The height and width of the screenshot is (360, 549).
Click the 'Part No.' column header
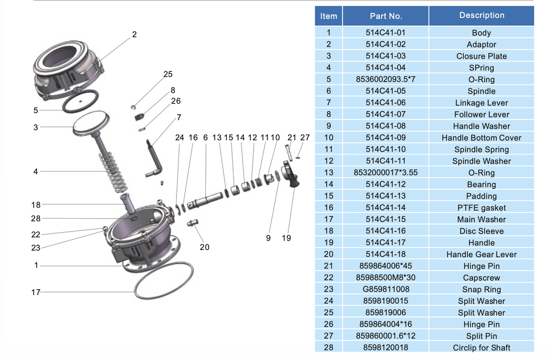tap(385, 16)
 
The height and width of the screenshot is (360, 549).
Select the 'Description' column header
tap(481, 15)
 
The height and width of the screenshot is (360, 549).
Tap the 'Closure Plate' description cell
tap(481, 56)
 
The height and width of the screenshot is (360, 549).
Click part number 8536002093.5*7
tap(385, 79)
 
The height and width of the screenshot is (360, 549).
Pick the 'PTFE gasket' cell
tap(481, 208)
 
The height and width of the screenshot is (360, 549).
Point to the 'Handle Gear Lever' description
tap(481, 254)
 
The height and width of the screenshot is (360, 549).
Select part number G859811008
tap(385, 289)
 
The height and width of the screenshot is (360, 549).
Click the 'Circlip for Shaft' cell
tap(481, 348)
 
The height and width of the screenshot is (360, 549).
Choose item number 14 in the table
tap(328, 184)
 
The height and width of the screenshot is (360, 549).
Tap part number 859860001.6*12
tap(385, 336)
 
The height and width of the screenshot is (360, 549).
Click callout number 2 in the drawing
tap(134, 34)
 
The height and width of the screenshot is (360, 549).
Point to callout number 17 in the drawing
tap(36, 292)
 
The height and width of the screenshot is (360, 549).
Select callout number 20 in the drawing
tap(204, 247)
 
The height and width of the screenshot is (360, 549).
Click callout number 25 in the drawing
tap(168, 74)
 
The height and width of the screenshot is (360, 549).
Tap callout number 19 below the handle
tap(286, 238)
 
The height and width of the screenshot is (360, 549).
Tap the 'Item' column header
tap(328, 16)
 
